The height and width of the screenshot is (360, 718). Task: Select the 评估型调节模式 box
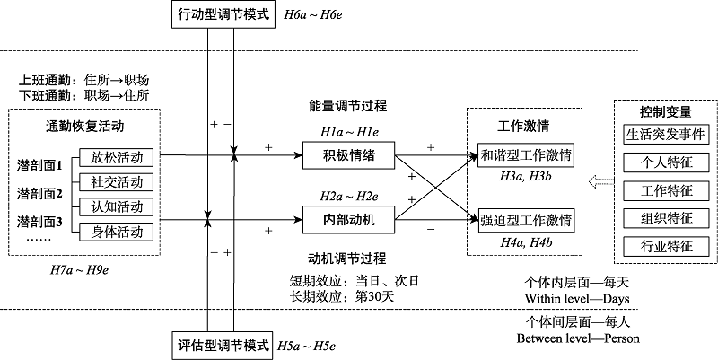coord(221,345)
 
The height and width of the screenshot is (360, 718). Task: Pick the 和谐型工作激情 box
coord(526,154)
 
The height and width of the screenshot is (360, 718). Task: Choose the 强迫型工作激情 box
coord(526,219)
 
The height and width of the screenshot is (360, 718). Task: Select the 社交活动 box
coord(116,181)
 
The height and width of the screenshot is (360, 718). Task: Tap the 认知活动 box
coord(116,206)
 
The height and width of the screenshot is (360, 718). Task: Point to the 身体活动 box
coord(116,232)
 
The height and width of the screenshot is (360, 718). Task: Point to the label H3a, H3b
coord(526,178)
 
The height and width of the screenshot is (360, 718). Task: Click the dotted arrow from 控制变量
coord(598,183)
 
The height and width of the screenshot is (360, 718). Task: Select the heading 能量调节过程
coord(348,106)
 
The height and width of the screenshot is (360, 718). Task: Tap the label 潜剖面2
coord(39,193)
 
